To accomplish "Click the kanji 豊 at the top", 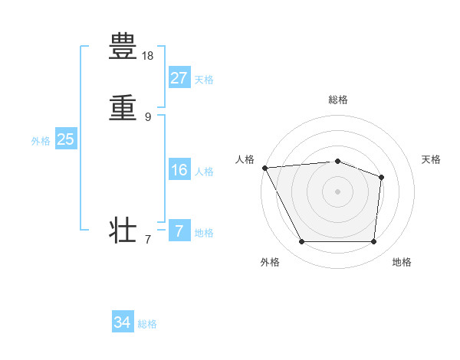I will pos(123,47).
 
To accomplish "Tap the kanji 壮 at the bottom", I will pos(123,230).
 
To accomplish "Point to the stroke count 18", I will pos(148,56).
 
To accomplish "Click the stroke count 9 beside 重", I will pos(148,116).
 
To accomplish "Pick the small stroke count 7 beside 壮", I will pos(148,240).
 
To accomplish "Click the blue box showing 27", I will pos(179,77).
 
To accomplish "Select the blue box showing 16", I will pos(179,170).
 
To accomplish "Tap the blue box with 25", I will pos(65,139).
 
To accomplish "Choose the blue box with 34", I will pos(123,322).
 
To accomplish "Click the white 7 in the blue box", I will pos(179,231).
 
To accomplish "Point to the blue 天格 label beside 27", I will pos(204,80).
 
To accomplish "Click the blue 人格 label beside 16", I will pos(204,172).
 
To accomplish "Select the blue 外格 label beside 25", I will pos(41,141).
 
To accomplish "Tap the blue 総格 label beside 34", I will pos(147,324).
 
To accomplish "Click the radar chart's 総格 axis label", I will pos(338,100).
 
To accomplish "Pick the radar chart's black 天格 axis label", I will pos(432,159).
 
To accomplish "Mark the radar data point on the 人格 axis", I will pos(264,168).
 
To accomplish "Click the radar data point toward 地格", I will pos(373,242).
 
